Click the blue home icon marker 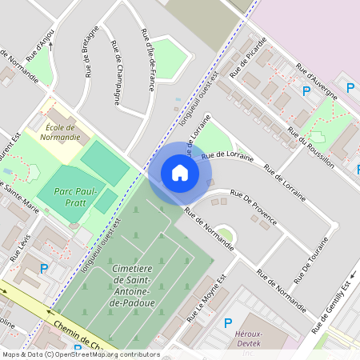coord(180,172)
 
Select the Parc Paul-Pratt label coord(75,198)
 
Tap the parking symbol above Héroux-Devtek coord(228,323)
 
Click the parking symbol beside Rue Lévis coord(44,268)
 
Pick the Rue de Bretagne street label coord(90,53)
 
